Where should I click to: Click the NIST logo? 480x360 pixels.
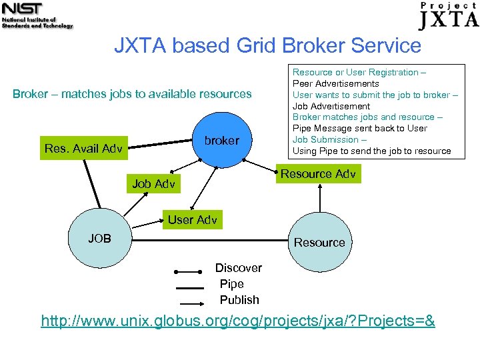pos(37,15)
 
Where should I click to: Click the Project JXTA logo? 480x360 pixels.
pos(449,15)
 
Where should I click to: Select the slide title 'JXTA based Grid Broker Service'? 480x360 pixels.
pos(267,46)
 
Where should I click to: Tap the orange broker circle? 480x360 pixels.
pos(221,141)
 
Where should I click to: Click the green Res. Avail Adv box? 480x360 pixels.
pos(83,149)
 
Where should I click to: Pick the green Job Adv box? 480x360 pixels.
pos(153,184)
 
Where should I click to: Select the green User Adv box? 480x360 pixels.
pos(193,220)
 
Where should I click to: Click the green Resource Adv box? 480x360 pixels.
pos(318,174)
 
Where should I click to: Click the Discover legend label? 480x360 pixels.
pos(238,268)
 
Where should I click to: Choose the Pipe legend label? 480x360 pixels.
pos(231,284)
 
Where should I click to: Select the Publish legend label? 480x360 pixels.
pos(239,300)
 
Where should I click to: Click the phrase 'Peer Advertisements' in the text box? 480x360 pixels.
pos(336,83)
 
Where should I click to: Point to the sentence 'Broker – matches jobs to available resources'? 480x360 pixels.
pos(132,94)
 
